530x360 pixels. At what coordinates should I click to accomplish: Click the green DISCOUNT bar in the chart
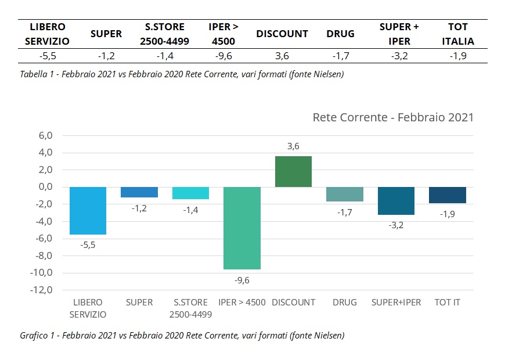click(293, 171)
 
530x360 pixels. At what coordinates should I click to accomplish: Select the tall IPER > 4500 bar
click(242, 228)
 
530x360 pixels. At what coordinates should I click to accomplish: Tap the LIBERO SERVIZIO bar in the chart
click(88, 211)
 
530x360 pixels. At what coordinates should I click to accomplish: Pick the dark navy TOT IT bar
click(448, 195)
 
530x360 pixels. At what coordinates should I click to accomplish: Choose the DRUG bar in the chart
click(345, 194)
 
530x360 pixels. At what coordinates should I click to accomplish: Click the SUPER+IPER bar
click(396, 201)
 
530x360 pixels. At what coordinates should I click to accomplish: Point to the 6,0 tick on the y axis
click(45, 136)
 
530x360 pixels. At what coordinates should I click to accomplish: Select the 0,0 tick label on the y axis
click(45, 187)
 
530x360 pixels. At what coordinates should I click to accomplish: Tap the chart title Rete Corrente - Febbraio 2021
click(393, 117)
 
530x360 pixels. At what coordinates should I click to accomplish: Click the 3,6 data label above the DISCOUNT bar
click(293, 146)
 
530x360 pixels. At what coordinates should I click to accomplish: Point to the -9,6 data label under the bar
click(242, 280)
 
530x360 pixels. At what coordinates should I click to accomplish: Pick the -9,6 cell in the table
click(223, 56)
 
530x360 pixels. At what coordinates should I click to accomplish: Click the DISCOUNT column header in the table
click(282, 34)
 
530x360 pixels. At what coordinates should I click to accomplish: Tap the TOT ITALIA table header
click(458, 34)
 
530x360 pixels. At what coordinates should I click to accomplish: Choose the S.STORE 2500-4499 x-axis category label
click(190, 308)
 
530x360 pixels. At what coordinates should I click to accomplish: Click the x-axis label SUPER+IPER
click(396, 303)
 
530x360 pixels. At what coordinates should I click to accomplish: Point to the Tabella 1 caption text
click(182, 74)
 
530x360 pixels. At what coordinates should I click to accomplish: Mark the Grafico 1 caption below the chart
click(182, 335)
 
